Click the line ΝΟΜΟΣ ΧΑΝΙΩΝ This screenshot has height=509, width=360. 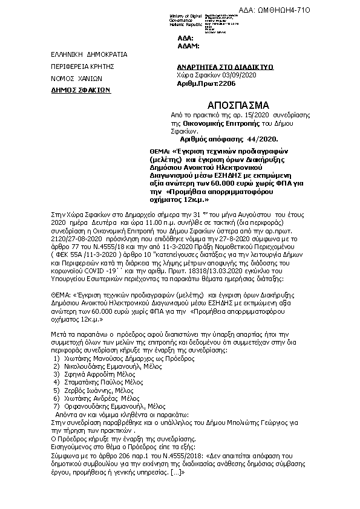click(x=77, y=79)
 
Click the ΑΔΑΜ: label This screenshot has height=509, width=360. click(x=188, y=45)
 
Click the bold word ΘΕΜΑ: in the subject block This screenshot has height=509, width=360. click(x=160, y=150)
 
